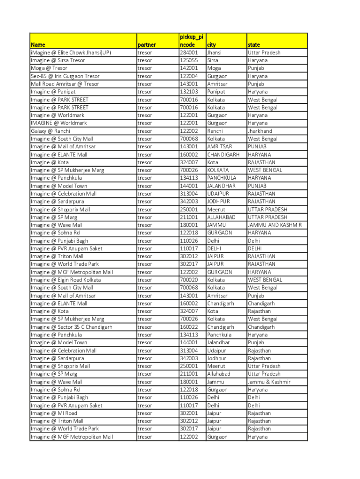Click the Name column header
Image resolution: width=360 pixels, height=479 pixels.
click(x=38, y=45)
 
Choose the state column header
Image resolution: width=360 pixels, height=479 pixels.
click(x=254, y=45)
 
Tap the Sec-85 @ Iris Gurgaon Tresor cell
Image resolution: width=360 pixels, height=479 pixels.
click(x=65, y=76)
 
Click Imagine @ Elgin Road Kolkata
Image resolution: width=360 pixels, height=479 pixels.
click(x=66, y=280)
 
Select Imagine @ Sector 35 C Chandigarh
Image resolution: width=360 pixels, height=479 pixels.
click(x=72, y=327)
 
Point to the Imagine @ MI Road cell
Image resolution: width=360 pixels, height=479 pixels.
click(x=54, y=413)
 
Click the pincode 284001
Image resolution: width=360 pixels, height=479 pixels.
click(x=189, y=53)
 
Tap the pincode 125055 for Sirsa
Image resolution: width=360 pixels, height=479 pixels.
click(x=189, y=60)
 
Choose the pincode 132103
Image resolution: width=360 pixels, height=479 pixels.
click(x=189, y=92)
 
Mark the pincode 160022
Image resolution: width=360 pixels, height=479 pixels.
click(x=189, y=327)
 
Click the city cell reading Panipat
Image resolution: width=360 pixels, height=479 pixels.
click(x=216, y=92)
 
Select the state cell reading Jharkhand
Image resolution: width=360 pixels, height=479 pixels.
click(x=260, y=131)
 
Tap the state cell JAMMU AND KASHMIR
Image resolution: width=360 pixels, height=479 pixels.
click(x=275, y=225)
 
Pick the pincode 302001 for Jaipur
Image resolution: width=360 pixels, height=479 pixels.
click(x=189, y=413)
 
